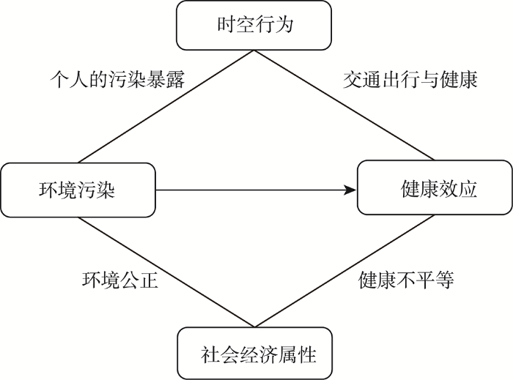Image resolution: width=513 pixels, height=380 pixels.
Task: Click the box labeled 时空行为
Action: (x=254, y=25)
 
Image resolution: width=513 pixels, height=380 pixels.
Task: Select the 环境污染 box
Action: (x=78, y=190)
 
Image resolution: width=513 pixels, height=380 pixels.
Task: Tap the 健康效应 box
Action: (x=435, y=187)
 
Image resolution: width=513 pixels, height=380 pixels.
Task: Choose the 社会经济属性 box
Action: (x=254, y=353)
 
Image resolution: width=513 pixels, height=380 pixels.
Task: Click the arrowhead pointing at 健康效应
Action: (x=350, y=190)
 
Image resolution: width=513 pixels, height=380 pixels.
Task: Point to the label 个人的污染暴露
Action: (x=117, y=79)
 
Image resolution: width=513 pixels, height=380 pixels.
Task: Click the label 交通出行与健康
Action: (x=410, y=79)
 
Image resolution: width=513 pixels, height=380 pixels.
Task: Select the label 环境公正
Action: (x=120, y=280)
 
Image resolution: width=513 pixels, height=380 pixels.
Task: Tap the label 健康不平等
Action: (x=406, y=280)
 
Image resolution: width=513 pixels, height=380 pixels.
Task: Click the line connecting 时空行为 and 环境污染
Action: (x=166, y=106)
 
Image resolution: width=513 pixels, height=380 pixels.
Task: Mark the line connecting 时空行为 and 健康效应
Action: (x=344, y=105)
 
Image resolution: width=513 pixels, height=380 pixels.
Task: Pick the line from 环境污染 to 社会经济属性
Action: (x=166, y=272)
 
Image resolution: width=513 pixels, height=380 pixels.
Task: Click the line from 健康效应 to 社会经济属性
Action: (x=344, y=271)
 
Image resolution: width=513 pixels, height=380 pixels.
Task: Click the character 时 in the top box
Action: (x=226, y=24)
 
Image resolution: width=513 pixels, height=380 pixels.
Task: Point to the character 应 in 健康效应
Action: (x=468, y=188)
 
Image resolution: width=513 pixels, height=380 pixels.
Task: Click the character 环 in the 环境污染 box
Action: (x=48, y=189)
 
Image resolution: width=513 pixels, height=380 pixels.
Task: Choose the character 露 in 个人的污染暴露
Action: (x=176, y=79)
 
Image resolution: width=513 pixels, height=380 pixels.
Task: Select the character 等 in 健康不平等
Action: (x=445, y=280)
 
